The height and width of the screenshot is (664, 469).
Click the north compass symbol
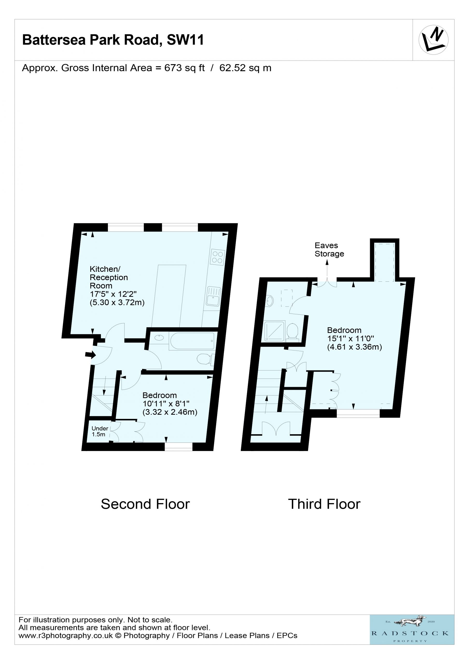[x=433, y=40]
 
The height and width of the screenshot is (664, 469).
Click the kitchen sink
[x=213, y=296]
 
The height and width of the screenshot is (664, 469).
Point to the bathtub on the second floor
[x=193, y=341]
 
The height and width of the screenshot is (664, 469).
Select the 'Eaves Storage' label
[x=329, y=250]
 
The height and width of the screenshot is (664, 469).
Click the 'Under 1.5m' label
[x=100, y=431]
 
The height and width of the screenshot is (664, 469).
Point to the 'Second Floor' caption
[x=145, y=504]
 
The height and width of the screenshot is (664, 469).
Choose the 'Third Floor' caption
[x=324, y=504]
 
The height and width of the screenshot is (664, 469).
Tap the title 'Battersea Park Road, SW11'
[x=113, y=40]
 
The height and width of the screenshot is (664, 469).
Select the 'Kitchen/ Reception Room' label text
[x=109, y=277]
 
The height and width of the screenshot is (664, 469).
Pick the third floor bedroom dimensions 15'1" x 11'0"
[x=351, y=338]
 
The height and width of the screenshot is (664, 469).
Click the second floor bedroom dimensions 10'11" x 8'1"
[x=166, y=403]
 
